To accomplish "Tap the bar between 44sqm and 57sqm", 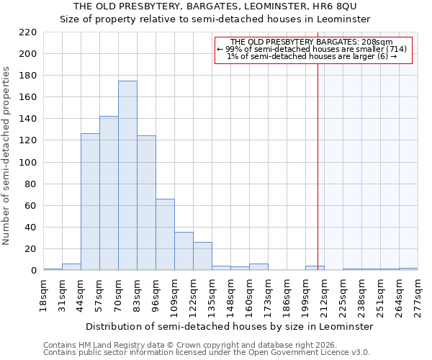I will [x=90, y=202].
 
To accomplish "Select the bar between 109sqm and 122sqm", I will [x=184, y=251].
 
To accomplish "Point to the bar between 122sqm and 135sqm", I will [x=202, y=256].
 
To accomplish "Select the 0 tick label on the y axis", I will [x=34, y=271].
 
